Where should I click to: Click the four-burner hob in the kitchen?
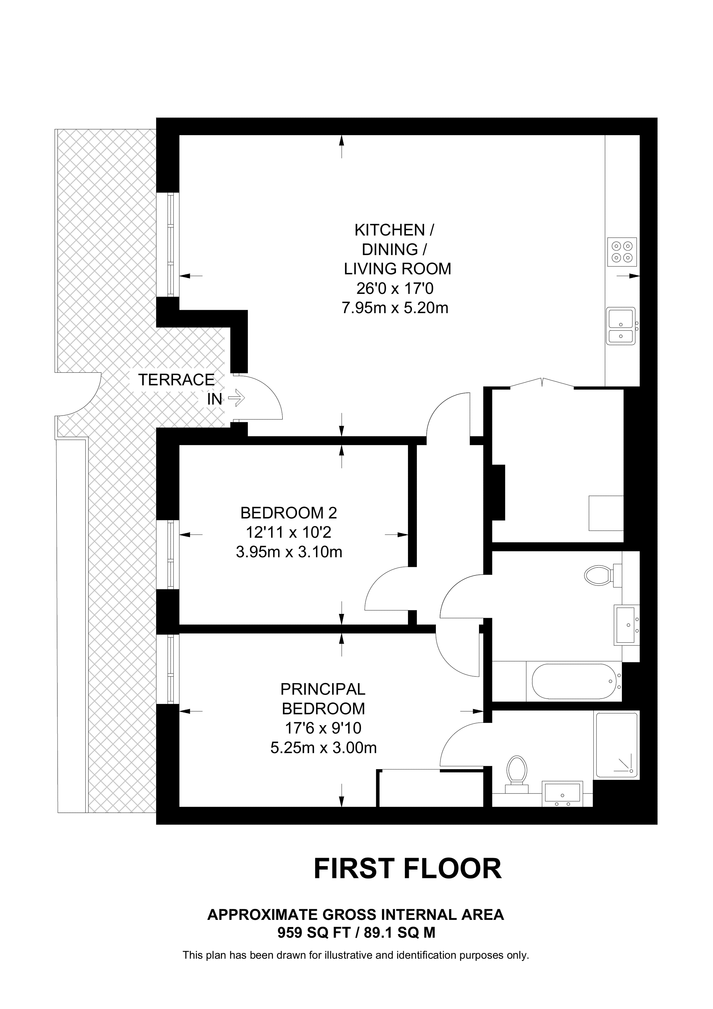click(622, 252)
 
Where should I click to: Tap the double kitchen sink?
click(621, 326)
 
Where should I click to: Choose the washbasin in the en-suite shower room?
click(562, 794)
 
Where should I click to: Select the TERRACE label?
click(176, 379)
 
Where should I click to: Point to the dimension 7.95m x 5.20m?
click(395, 308)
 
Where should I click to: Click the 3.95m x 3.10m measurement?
click(289, 552)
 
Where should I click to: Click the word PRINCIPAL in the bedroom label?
click(323, 689)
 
